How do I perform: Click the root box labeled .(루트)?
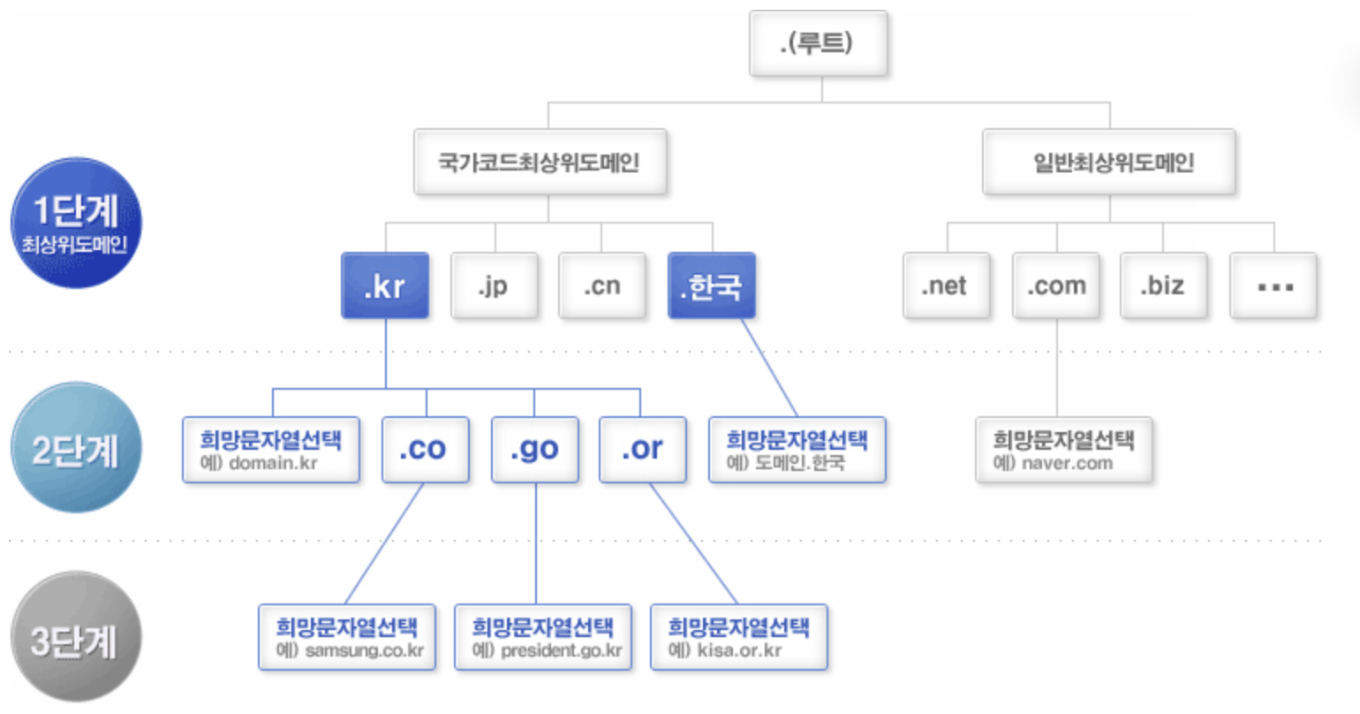[x=819, y=43]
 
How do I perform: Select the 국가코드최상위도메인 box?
[x=540, y=162]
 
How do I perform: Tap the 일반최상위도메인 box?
[x=1109, y=162]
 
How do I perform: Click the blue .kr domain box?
[x=385, y=285]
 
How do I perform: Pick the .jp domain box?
[x=495, y=285]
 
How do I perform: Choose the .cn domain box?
[x=602, y=285]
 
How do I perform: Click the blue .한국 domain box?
[x=712, y=285]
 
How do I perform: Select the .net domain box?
[x=947, y=285]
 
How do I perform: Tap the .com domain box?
[x=1056, y=285]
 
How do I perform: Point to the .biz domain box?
[x=1164, y=285]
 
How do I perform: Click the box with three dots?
[x=1273, y=285]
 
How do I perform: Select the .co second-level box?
[x=426, y=450]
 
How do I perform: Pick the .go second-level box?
[x=535, y=450]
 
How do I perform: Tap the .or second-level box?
[x=643, y=450]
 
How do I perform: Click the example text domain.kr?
[x=273, y=463]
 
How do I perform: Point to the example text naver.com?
[x=1068, y=463]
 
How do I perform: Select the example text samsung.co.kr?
[x=364, y=650]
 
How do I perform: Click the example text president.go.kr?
[x=562, y=650]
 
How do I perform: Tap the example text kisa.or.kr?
[x=739, y=650]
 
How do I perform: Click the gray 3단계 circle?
[x=77, y=637]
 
